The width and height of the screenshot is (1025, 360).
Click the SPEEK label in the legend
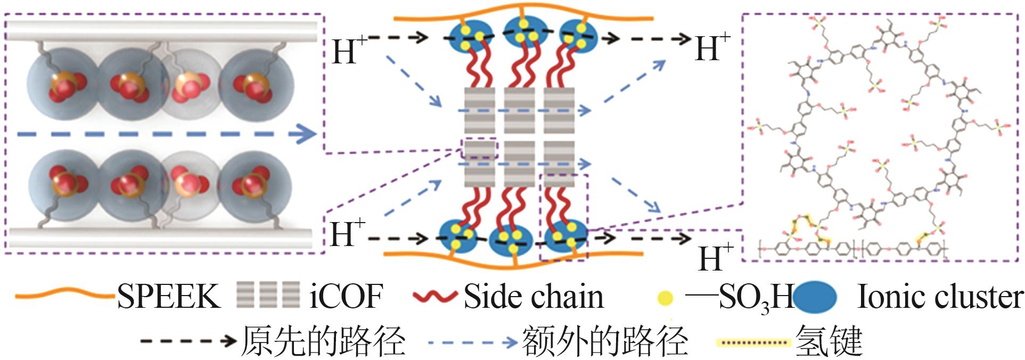point(168,296)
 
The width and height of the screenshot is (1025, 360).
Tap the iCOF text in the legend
point(346,296)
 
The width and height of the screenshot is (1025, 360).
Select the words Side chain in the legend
point(534,296)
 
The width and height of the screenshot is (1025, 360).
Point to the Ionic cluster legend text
point(940,296)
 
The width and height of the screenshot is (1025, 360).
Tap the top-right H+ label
point(712,47)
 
